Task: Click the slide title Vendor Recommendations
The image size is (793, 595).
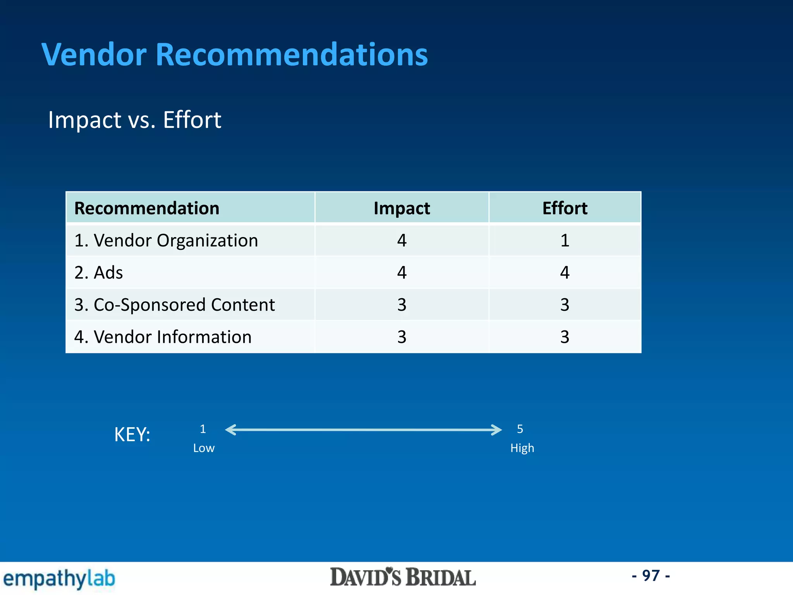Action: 235,55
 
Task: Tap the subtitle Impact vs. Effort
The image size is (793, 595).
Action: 134,120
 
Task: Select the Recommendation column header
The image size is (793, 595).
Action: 147,208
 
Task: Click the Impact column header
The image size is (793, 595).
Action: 402,208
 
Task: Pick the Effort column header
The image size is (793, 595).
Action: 565,208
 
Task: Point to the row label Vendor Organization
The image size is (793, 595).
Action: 166,241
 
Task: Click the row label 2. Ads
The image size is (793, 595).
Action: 99,273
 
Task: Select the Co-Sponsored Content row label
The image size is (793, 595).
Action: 174,305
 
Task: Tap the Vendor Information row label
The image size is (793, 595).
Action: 163,337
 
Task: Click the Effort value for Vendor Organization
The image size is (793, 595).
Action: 565,241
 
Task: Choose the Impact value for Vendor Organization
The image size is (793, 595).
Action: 402,241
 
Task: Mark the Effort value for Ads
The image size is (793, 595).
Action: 565,273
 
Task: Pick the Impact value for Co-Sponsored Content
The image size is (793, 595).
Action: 402,305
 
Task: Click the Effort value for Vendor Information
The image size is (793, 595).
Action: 565,337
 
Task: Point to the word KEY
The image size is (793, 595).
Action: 132,435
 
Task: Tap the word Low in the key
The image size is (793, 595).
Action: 204,448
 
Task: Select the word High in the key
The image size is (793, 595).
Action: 522,448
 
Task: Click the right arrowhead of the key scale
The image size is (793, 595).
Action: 497,430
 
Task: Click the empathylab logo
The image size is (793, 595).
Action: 59,579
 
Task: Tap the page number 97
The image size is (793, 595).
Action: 651,576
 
